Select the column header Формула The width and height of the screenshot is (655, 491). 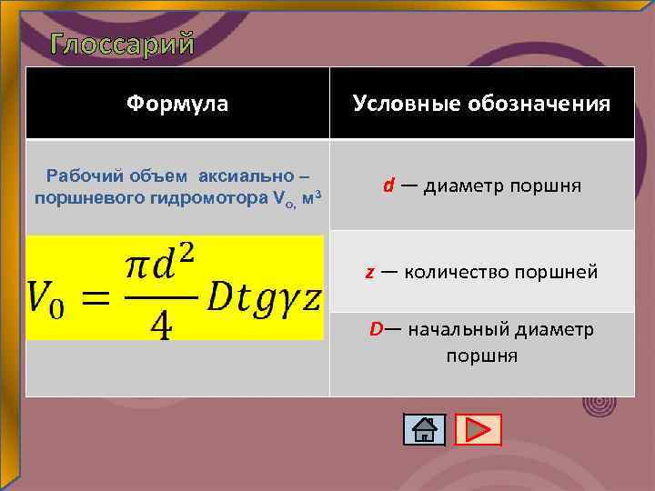177,104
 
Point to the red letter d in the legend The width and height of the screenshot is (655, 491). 388,185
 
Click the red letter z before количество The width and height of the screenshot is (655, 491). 370,271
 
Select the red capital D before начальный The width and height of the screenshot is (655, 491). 376,328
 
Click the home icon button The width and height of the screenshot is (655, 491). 424,429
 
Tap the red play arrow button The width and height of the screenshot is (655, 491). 478,429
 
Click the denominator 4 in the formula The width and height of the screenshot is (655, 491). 160,324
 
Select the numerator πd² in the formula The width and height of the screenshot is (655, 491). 160,266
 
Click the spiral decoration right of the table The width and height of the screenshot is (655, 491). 598,400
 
